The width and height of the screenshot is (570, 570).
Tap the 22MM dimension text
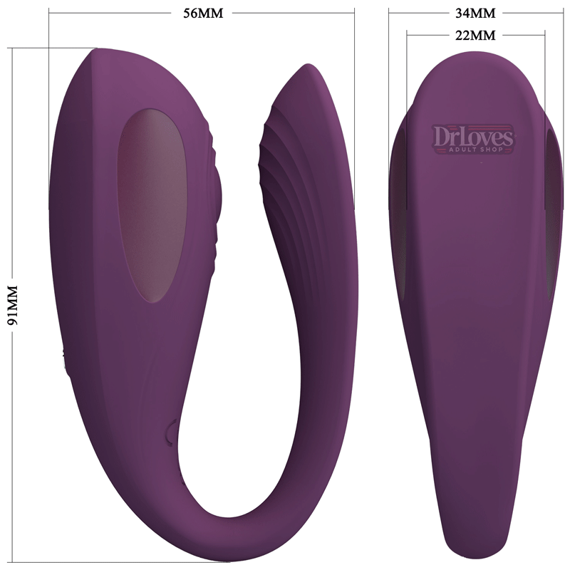475,34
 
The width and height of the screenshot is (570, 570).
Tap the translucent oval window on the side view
150,204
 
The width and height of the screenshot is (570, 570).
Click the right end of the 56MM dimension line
354,13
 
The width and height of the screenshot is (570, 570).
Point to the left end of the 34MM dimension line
389,13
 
